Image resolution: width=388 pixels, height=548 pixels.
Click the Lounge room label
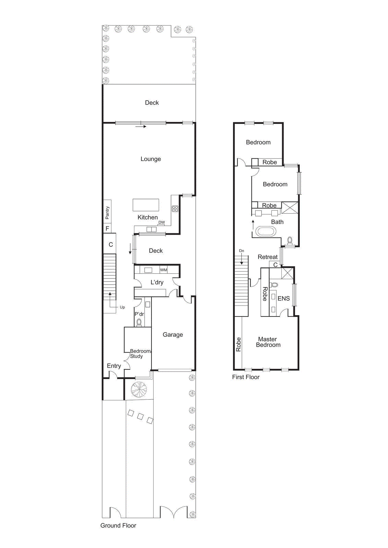(x=150, y=159)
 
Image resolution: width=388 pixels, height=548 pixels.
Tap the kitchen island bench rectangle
(x=146, y=205)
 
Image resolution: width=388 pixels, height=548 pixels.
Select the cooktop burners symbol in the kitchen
(x=175, y=209)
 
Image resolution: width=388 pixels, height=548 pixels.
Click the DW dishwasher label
(x=161, y=222)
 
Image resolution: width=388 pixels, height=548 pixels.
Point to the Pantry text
(x=107, y=213)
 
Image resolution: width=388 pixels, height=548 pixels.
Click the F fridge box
(x=107, y=228)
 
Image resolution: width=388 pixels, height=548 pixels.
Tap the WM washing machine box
(x=163, y=270)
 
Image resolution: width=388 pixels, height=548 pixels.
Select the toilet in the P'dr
(x=139, y=322)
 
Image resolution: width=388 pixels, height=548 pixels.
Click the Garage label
(x=173, y=335)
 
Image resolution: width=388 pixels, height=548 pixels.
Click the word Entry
(x=114, y=366)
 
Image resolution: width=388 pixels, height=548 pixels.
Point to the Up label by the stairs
(x=122, y=307)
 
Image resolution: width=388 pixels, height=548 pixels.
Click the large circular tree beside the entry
(x=139, y=389)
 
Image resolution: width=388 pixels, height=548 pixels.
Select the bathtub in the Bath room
(x=266, y=232)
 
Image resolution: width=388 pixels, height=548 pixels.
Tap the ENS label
(x=283, y=298)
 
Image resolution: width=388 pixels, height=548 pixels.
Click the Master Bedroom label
(x=268, y=342)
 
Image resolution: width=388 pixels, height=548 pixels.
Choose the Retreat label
(x=267, y=257)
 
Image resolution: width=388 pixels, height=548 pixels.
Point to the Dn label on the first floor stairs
(x=242, y=251)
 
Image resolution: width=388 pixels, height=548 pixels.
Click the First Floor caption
(x=245, y=377)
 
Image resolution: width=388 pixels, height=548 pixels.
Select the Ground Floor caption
(x=118, y=525)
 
